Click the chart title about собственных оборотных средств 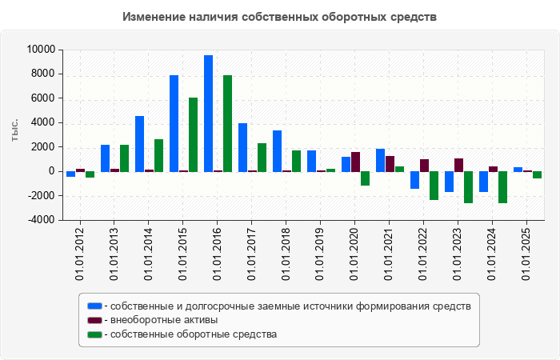[280, 17]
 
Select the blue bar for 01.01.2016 [208, 114]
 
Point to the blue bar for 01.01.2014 [139, 144]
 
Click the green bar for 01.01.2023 [468, 187]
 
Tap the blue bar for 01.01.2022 [414, 180]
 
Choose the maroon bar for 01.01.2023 [458, 165]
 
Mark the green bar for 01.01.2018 [296, 161]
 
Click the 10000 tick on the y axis [40, 50]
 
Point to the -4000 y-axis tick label [40, 219]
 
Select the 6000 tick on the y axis [43, 98]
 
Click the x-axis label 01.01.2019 [321, 254]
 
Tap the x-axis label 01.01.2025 [527, 254]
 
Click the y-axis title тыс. [15, 132]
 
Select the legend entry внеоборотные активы [165, 320]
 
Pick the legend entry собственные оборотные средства [193, 334]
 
